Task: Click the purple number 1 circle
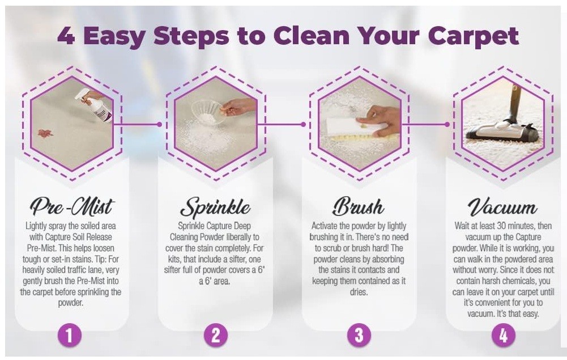pyautogui.click(x=70, y=335)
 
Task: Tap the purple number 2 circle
pyautogui.click(x=215, y=335)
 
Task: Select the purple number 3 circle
pyautogui.click(x=359, y=335)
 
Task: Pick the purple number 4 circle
pyautogui.click(x=503, y=335)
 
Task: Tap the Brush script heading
pyautogui.click(x=358, y=206)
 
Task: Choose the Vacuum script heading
pyautogui.click(x=502, y=206)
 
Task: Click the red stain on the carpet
pyautogui.click(x=45, y=133)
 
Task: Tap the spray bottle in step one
pyautogui.click(x=94, y=105)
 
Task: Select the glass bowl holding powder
pyautogui.click(x=206, y=112)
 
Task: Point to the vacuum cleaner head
pyautogui.click(x=502, y=132)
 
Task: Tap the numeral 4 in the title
pyautogui.click(x=66, y=36)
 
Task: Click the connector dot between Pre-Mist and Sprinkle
pyautogui.click(x=160, y=124)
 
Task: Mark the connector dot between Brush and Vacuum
pyautogui.click(x=447, y=124)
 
